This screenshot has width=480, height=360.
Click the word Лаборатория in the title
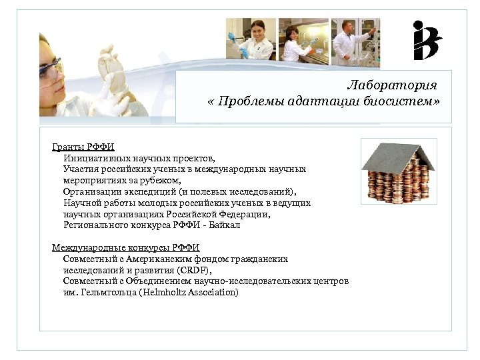tap(391, 86)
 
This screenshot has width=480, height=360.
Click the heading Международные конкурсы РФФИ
tap(126, 247)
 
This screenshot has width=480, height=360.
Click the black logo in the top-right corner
tap(427, 41)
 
